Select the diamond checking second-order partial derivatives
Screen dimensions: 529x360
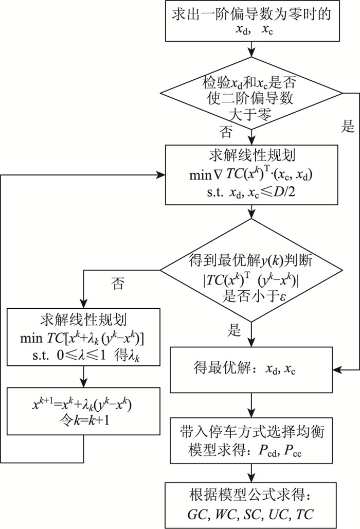tap(250, 94)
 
